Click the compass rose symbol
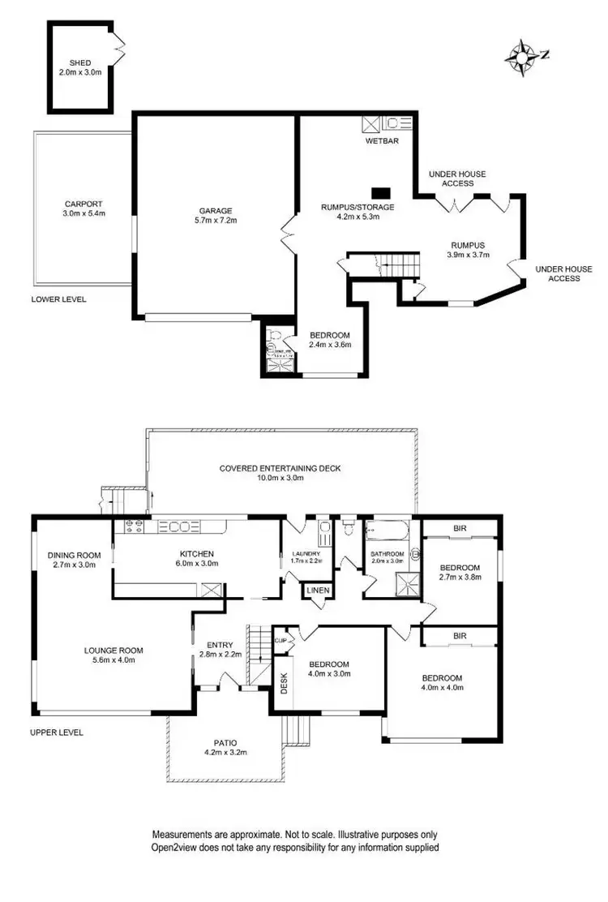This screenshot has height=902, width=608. (x=520, y=57)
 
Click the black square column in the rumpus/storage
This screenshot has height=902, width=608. (x=380, y=193)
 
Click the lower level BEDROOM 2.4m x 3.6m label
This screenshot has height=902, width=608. (x=329, y=336)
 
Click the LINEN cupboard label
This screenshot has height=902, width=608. (x=317, y=590)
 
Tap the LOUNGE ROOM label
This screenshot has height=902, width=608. (x=113, y=650)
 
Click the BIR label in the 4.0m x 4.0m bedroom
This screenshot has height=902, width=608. (x=460, y=636)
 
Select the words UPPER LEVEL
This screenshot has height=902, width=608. (x=57, y=732)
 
